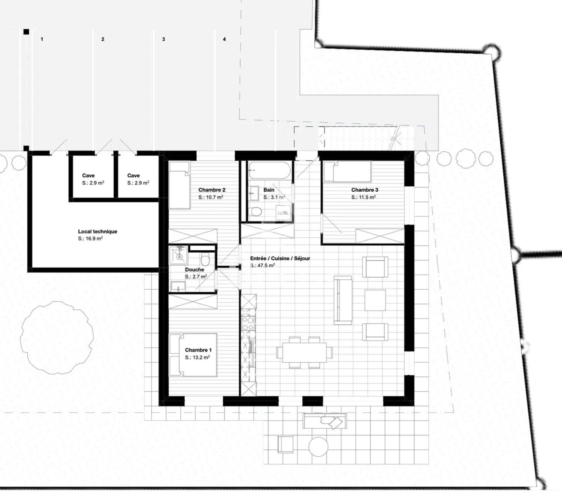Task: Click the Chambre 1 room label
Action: coord(198,350)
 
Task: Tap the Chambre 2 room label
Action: coord(212,190)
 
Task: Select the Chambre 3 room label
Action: coord(365,190)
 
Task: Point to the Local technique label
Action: coord(98,231)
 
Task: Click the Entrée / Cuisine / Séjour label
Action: coord(280,258)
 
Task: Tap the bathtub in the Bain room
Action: coord(270,170)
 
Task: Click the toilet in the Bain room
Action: coord(256,212)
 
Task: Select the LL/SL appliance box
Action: coord(283,213)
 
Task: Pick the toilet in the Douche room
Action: coord(205,260)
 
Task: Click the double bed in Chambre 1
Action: coord(194,355)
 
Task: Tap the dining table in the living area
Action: coord(304,352)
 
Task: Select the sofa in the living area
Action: coord(343,300)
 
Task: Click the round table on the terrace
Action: coord(318,447)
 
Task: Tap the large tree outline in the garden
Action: coord(57,338)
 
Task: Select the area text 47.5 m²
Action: coord(263,266)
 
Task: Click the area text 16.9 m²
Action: coord(91,239)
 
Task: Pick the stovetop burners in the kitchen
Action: coord(248,323)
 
